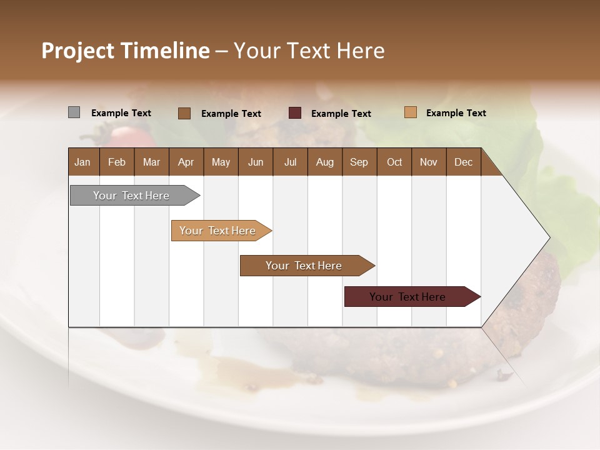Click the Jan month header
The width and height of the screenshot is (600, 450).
pyautogui.click(x=82, y=162)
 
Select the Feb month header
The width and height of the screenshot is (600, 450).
pyautogui.click(x=117, y=162)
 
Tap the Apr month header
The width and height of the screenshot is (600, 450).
pyautogui.click(x=186, y=162)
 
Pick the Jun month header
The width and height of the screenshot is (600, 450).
pyautogui.click(x=256, y=162)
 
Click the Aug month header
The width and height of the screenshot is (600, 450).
pyautogui.click(x=324, y=162)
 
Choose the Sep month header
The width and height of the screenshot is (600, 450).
pyautogui.click(x=359, y=162)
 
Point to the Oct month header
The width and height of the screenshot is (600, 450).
pyautogui.click(x=394, y=162)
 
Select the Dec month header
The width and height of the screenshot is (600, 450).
pyautogui.click(x=463, y=162)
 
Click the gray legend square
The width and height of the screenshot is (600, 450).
pyautogui.click(x=74, y=112)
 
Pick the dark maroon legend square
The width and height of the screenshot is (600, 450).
pyautogui.click(x=295, y=113)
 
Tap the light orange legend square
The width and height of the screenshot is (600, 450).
pyautogui.click(x=411, y=112)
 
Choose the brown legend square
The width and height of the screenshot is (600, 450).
pyautogui.click(x=184, y=113)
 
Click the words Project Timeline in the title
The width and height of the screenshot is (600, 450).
pyautogui.click(x=126, y=51)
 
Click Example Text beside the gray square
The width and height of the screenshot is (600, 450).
pyautogui.click(x=121, y=113)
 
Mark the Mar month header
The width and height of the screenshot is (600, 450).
pyautogui.click(x=151, y=162)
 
